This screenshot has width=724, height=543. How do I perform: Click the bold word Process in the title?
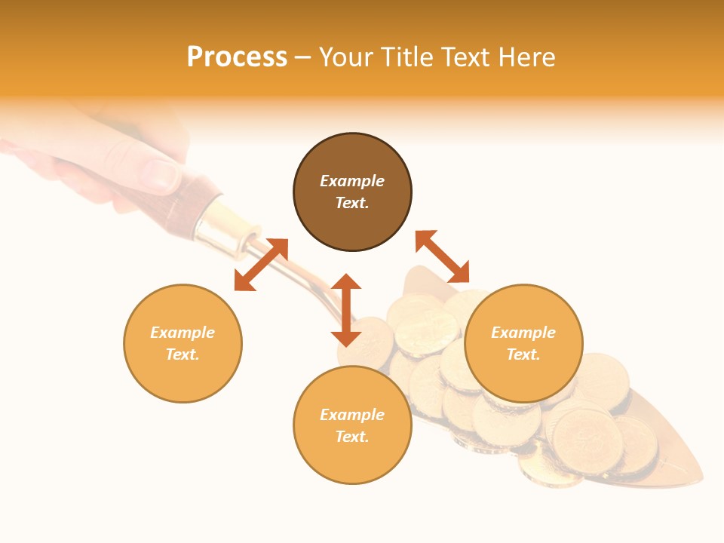pos(237,57)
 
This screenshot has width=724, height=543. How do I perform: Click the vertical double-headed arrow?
pos(346,311)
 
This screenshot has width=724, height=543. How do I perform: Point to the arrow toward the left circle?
pos(261,265)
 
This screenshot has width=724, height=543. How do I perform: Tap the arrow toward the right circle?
pos(443,256)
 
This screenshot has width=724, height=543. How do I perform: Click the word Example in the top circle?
pos(352,181)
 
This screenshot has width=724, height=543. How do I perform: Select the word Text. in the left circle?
pos(183,354)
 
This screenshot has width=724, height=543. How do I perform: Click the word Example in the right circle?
pos(523,333)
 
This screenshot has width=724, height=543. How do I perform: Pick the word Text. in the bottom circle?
pos(352,437)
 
